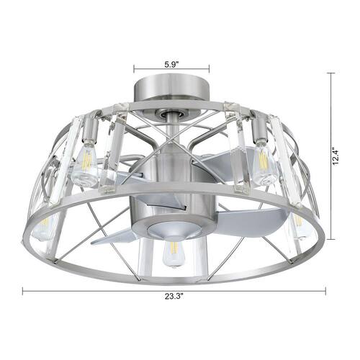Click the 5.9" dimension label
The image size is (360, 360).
pos(171,65)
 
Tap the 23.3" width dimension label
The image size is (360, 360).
pos(174,296)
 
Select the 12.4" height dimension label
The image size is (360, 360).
pos(336,156)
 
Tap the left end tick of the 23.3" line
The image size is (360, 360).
pos(23,291)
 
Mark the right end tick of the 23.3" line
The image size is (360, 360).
pos(325,291)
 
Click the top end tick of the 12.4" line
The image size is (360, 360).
pos(331,73)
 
